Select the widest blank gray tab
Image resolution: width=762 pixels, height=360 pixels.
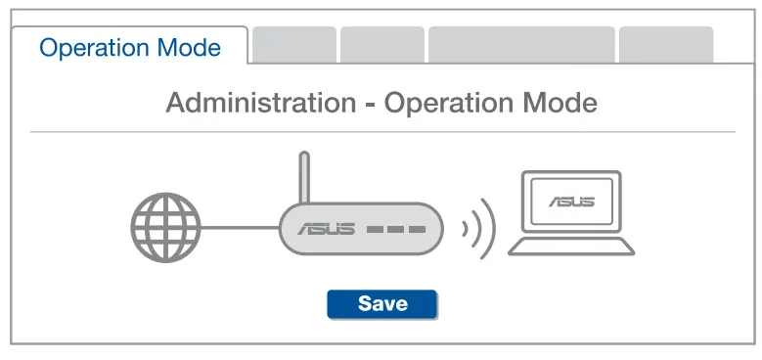point(521,45)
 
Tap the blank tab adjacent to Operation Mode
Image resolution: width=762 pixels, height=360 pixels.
point(294,45)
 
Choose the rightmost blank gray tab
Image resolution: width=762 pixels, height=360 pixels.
point(666,45)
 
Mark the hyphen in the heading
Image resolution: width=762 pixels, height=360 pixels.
point(369,104)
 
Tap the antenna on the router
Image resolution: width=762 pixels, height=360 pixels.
point(304,176)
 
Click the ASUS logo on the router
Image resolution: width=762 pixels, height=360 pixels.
point(326,231)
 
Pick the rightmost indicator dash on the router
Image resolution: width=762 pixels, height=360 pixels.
point(418,232)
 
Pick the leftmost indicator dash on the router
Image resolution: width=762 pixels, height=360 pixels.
point(375,232)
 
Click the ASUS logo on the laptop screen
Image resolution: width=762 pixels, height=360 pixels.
point(571,202)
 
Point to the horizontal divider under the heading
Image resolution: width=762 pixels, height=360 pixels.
point(381,132)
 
